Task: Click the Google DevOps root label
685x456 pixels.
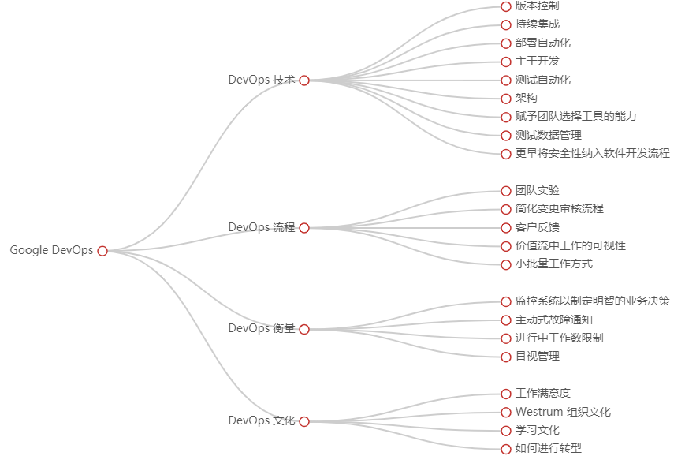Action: click(51, 250)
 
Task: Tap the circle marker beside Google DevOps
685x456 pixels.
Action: click(102, 251)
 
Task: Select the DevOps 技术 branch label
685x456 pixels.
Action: click(261, 80)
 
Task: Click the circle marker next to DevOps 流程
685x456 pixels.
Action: click(304, 228)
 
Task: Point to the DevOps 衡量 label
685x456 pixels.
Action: click(261, 328)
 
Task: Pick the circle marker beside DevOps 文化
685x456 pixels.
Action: click(304, 421)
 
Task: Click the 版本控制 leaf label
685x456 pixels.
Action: click(537, 6)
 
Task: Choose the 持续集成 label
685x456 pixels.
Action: click(537, 24)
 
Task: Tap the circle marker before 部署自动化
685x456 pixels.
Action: click(506, 43)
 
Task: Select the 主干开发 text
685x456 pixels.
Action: click(537, 61)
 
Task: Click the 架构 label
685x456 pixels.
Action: click(526, 98)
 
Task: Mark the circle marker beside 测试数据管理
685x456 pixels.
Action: click(506, 136)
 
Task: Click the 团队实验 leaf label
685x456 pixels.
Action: click(537, 190)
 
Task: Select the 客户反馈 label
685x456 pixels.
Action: click(537, 227)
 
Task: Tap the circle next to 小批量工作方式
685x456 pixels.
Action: click(506, 264)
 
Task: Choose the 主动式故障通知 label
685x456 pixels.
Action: click(553, 320)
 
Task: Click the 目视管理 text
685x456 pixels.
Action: click(537, 356)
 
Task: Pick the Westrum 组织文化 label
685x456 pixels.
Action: click(563, 412)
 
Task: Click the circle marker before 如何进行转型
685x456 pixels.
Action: click(506, 449)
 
